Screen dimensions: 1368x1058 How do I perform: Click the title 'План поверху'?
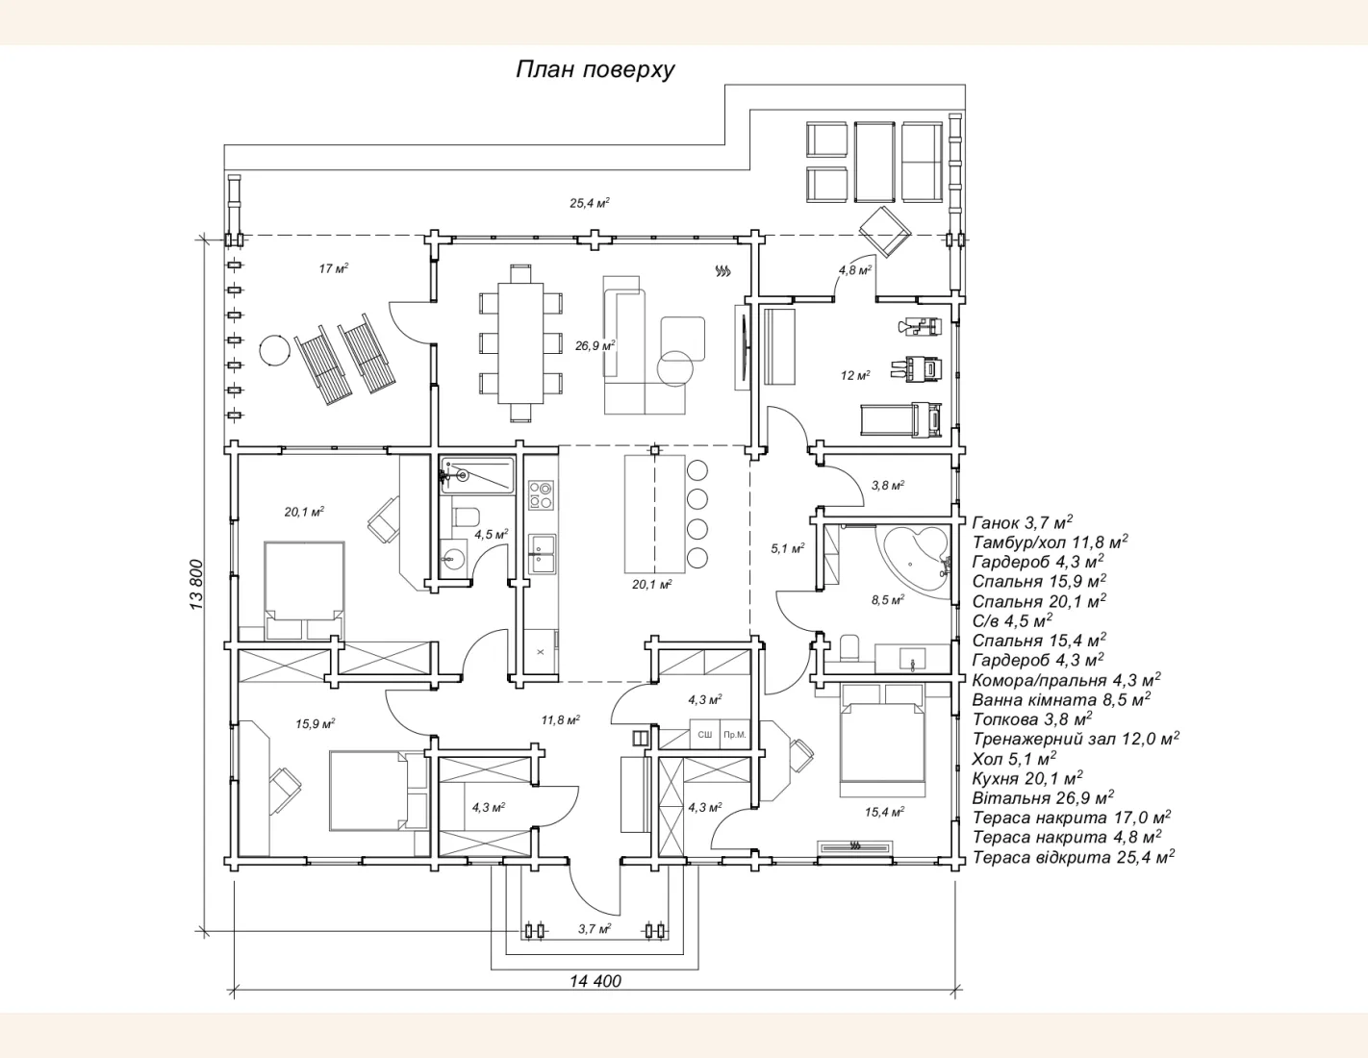595,69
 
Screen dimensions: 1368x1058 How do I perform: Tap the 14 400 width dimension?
595,981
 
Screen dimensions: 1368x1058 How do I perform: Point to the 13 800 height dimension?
196,584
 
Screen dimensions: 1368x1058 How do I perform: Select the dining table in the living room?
521,343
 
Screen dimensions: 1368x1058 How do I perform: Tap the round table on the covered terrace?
275,349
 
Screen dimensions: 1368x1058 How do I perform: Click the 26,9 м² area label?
595,345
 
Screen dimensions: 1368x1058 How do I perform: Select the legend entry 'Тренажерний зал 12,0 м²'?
1076,739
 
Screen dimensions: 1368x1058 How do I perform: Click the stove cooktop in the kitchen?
541,494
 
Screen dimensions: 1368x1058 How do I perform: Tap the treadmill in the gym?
901,419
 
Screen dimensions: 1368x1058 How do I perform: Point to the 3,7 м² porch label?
595,928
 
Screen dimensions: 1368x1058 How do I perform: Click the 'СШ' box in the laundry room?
705,734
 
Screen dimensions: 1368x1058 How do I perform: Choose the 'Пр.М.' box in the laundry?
735,734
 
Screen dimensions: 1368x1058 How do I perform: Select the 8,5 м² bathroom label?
888,600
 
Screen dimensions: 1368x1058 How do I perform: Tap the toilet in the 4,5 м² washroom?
466,516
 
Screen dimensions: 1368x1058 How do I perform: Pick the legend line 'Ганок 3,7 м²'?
1023,522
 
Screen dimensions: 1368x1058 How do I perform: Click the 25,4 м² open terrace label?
590,203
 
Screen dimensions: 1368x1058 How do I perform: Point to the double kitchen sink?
542,554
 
